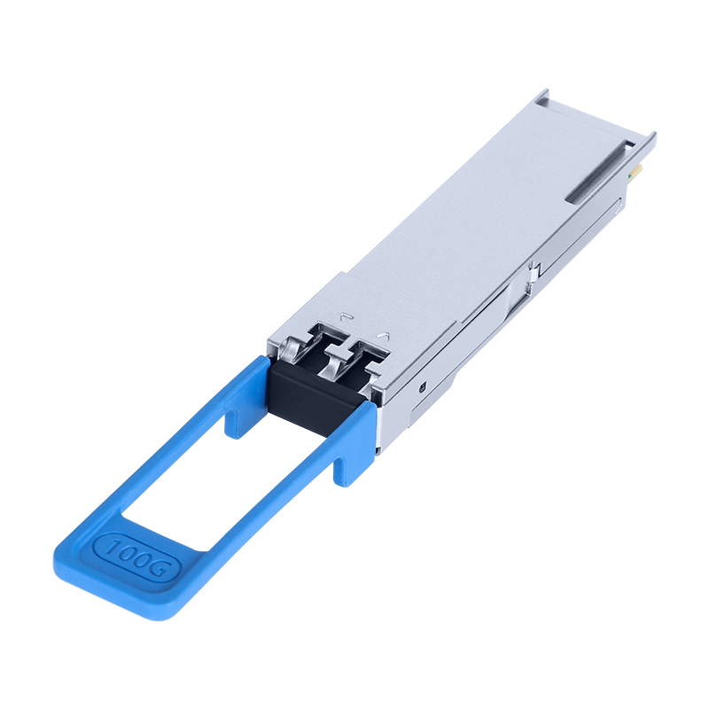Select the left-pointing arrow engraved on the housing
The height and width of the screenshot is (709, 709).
click(347, 316)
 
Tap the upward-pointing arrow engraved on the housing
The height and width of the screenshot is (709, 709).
click(384, 336)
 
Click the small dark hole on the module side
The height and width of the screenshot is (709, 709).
click(424, 386)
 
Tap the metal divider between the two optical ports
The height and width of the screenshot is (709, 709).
click(338, 355)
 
